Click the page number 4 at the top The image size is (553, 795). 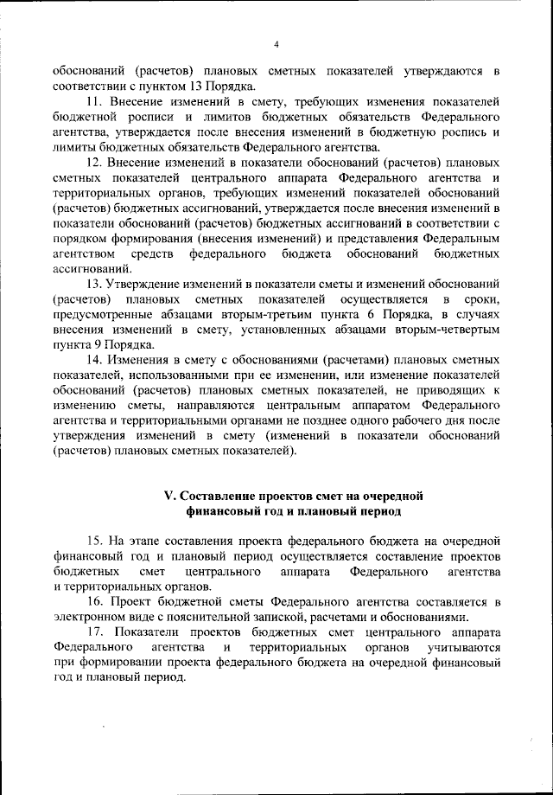click(276, 45)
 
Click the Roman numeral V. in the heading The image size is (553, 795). click(170, 496)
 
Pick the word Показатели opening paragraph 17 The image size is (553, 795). click(156, 632)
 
